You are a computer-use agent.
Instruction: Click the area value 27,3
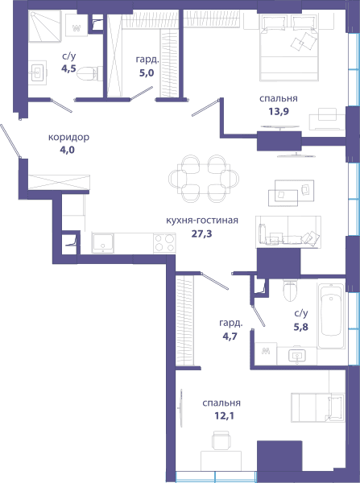(201, 234)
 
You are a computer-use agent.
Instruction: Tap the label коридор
(68, 137)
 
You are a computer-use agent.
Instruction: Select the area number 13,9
(279, 111)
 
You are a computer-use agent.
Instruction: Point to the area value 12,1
(225, 416)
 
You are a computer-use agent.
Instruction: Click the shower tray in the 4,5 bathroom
(45, 26)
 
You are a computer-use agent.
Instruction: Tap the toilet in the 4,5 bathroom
(89, 73)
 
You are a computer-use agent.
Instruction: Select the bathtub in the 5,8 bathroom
(331, 316)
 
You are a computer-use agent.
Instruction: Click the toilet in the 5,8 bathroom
(290, 290)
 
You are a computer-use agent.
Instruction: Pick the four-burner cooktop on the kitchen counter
(164, 243)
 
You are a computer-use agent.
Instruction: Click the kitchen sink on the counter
(102, 243)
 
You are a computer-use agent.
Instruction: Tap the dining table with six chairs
(204, 179)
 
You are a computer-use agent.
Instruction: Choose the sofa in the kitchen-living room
(288, 232)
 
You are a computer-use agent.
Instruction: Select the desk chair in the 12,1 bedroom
(221, 440)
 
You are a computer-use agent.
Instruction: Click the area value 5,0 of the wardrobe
(147, 73)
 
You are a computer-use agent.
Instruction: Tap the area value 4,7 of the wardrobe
(230, 336)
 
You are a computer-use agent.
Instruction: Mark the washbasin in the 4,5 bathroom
(38, 72)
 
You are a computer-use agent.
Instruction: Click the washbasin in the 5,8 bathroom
(297, 356)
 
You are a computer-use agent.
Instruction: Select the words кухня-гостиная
(202, 221)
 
